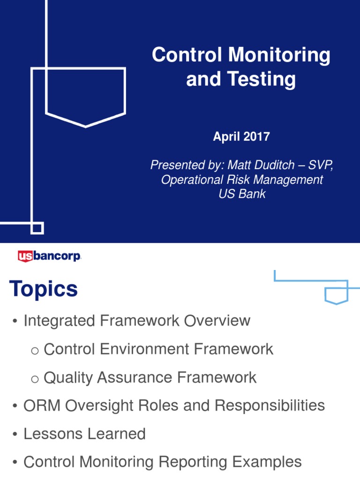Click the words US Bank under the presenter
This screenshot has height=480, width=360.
coord(242,194)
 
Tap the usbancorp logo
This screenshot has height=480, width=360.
coord(49,256)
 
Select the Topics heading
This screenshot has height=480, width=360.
coord(43,289)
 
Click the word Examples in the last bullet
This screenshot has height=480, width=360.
coord(266,462)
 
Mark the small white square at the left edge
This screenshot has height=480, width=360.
coord(37,228)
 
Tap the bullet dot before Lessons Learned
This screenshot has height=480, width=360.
coord(15,434)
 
